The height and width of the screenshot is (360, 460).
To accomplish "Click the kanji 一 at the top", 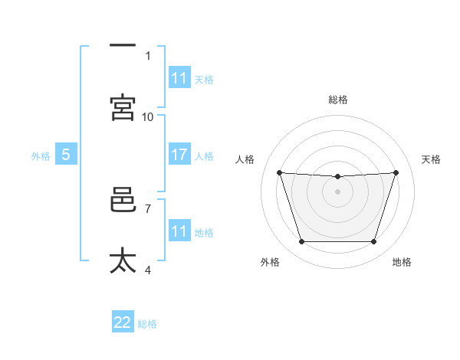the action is [123, 45].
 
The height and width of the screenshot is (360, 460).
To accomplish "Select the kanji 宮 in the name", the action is [123, 107].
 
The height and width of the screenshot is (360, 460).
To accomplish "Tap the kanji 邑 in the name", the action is [123, 199].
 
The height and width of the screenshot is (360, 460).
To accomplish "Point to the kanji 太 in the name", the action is [123, 260].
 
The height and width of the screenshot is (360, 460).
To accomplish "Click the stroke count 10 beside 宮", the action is [147, 117].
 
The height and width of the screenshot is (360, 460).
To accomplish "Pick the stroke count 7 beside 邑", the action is [148, 209].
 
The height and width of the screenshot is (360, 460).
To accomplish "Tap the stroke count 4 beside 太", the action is [148, 270].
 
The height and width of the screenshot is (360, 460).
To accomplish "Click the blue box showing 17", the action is [179, 154].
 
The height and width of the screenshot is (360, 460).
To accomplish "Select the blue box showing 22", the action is [123, 321].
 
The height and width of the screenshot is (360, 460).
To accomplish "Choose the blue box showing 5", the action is [66, 154].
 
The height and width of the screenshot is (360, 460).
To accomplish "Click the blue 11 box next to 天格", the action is [179, 77].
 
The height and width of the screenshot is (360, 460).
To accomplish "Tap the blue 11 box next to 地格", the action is [179, 230].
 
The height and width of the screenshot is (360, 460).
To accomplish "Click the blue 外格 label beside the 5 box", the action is [41, 156].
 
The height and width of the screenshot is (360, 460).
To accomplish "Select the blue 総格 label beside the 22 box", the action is [147, 324].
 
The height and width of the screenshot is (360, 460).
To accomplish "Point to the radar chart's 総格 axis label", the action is [338, 100].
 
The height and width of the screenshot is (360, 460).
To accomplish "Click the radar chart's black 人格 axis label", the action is [245, 159].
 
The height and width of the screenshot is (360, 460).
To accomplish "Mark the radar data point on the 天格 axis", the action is [396, 172].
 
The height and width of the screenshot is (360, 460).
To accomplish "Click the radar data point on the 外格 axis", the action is [302, 241].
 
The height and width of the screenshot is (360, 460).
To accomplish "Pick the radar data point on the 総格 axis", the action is [337, 176].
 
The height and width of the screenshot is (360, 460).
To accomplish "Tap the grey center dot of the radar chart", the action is [337, 191].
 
